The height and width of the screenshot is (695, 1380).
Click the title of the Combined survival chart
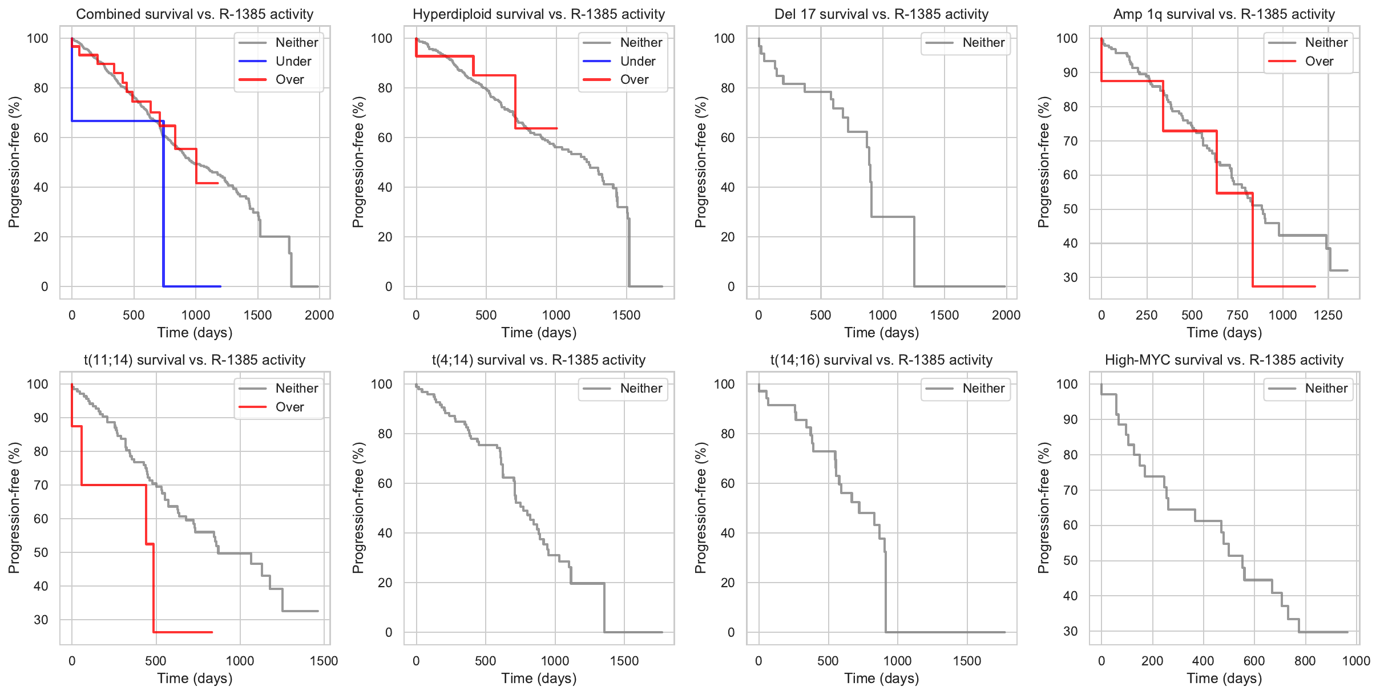click(195, 14)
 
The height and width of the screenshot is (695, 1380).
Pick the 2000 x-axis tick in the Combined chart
click(319, 315)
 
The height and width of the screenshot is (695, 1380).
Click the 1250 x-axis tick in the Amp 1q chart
click(1327, 315)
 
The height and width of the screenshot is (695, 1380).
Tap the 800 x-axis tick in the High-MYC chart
click(1305, 661)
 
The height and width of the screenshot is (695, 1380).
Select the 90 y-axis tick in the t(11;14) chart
click(41, 418)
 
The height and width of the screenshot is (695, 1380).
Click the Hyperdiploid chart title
click(539, 14)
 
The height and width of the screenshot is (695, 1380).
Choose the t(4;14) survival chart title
click(539, 360)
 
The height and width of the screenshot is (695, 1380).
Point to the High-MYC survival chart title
click(1224, 360)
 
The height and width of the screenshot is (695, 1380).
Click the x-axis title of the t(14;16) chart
click(881, 678)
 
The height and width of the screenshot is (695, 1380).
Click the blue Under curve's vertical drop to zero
click(163, 217)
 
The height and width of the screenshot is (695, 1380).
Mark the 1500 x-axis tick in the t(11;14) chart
click(324, 661)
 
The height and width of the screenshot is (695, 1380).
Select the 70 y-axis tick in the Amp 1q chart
click(1070, 141)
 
